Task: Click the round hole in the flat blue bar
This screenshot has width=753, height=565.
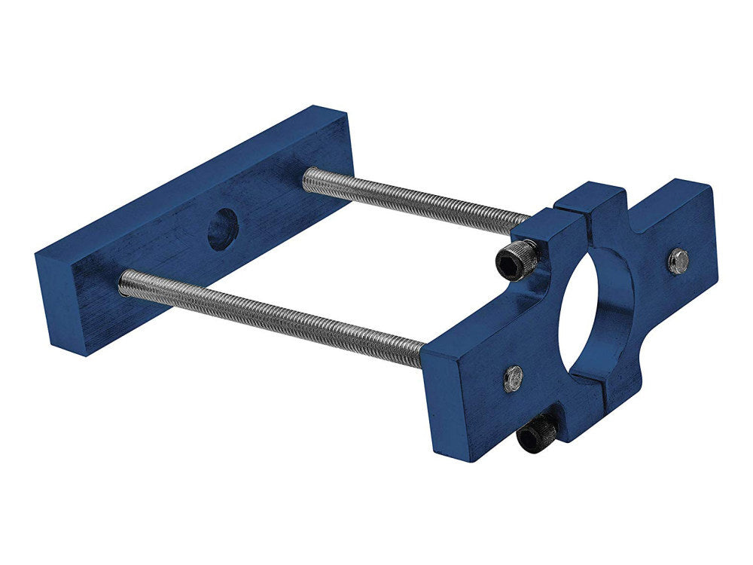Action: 222,229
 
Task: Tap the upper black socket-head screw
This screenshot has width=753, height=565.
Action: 517,259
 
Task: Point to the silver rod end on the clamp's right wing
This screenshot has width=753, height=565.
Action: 678,260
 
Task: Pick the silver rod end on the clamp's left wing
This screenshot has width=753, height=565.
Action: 514,377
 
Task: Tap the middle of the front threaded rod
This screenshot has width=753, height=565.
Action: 271,317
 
